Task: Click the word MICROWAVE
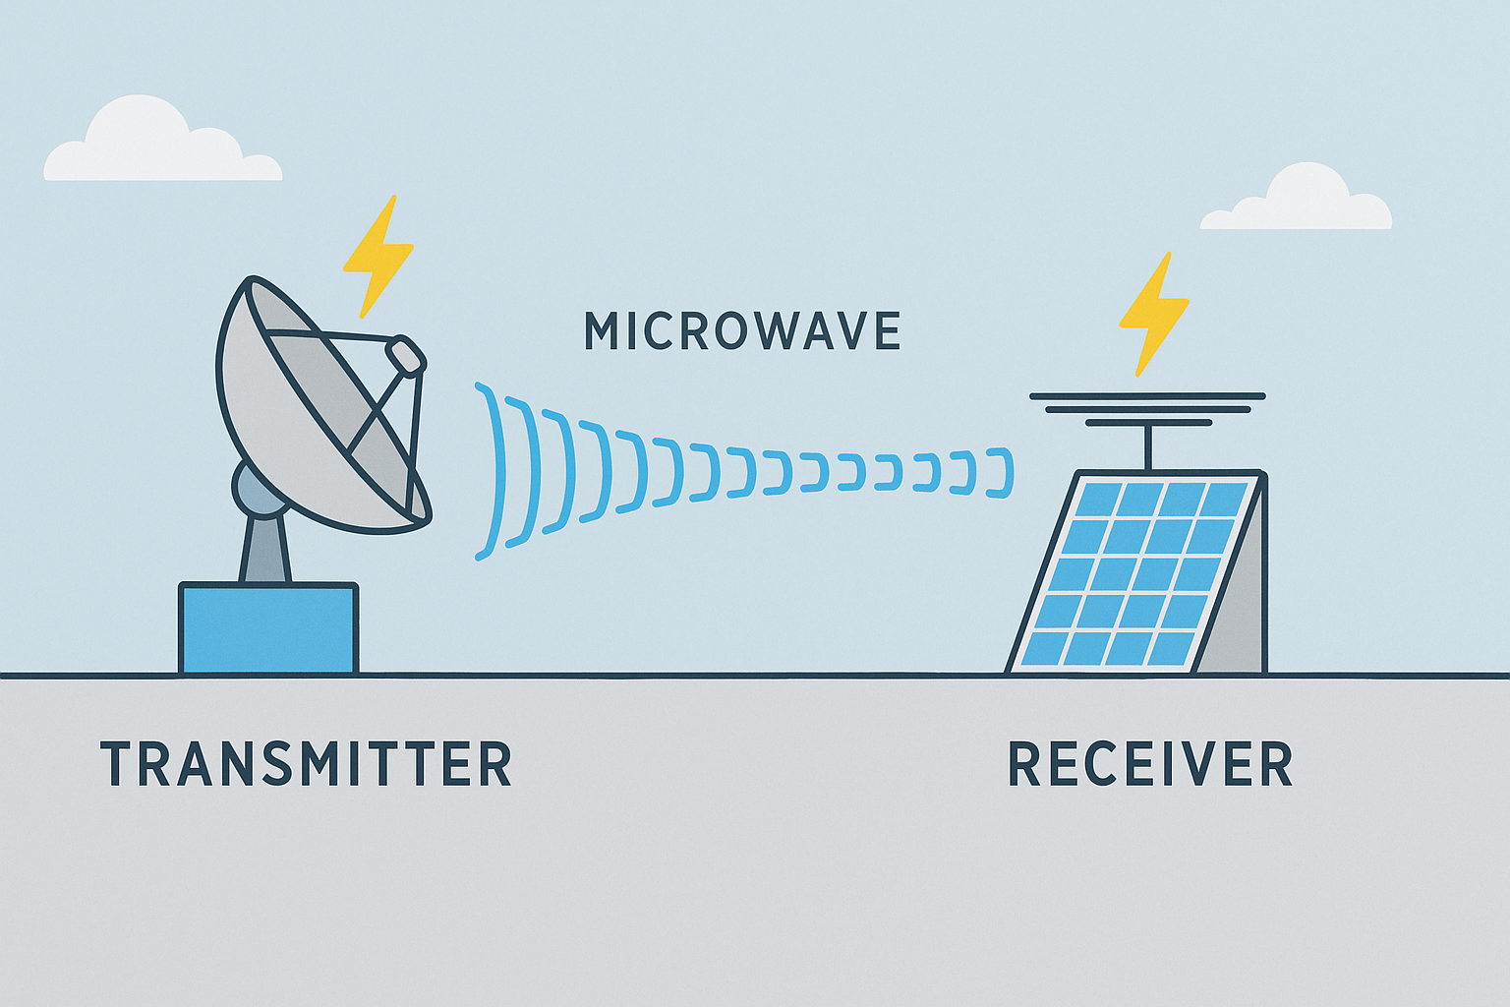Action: tap(742, 331)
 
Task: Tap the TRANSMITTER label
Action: tap(306, 764)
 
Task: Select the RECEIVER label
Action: tap(1150, 765)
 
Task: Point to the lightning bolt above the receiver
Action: tap(1152, 312)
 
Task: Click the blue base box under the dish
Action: tap(267, 629)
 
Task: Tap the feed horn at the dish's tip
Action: tap(406, 355)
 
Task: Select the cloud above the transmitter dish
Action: tap(157, 146)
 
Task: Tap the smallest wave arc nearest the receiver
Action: tap(1003, 472)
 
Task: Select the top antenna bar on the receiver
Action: tap(1147, 396)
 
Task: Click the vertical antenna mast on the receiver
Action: tap(1147, 447)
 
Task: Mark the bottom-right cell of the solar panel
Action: tap(1171, 649)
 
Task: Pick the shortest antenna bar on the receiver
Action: tap(1147, 423)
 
